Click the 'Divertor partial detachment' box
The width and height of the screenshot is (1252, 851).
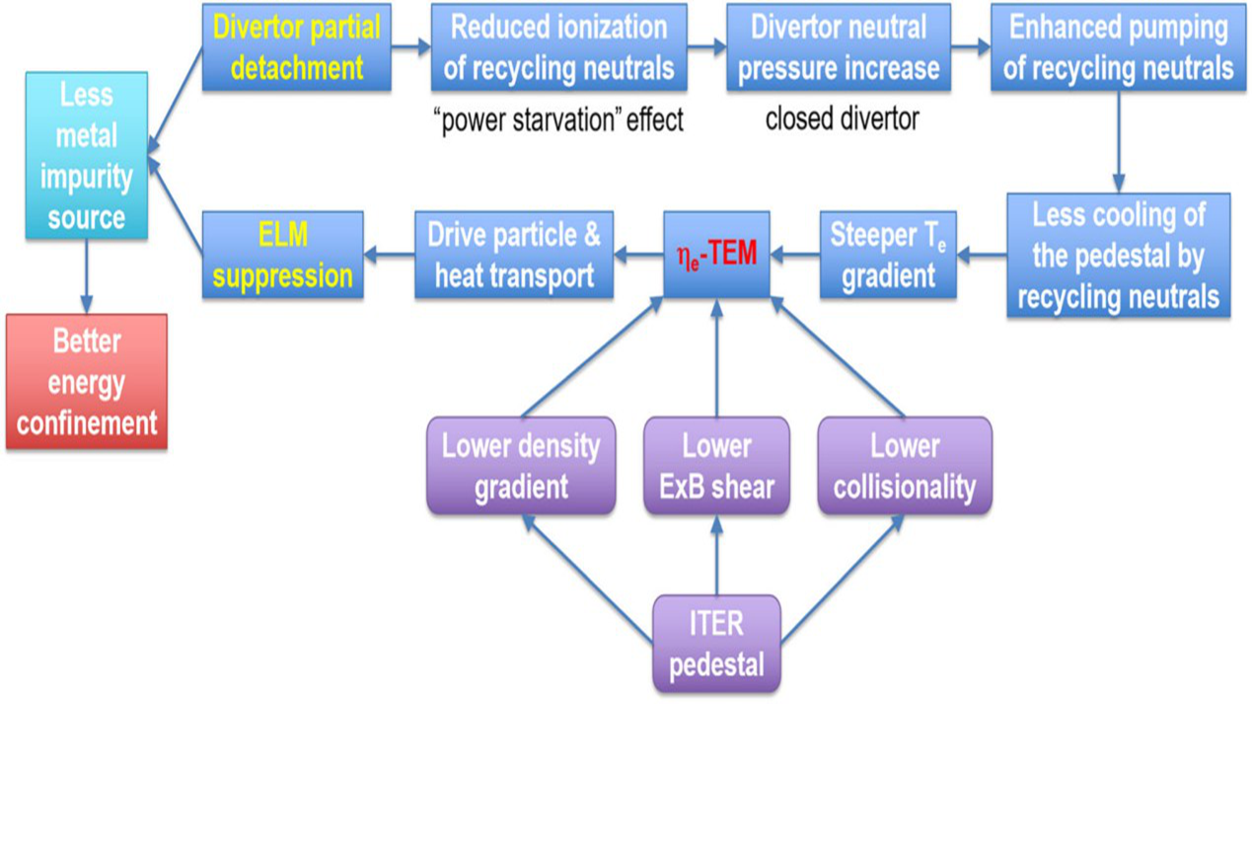pyautogui.click(x=297, y=48)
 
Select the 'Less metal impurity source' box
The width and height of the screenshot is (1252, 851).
pyautogui.click(x=87, y=156)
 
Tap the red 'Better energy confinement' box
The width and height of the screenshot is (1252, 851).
pyautogui.click(x=87, y=382)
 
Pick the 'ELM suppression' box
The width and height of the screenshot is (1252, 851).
pyautogui.click(x=282, y=256)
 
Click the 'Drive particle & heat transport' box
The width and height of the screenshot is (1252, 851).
pyautogui.click(x=513, y=255)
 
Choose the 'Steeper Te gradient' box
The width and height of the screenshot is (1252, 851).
pyautogui.click(x=888, y=255)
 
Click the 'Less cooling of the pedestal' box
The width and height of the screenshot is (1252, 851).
pyautogui.click(x=1118, y=255)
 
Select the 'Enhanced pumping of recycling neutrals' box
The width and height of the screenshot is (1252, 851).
pyautogui.click(x=1118, y=48)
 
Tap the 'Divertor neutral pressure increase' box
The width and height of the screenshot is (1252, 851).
pyautogui.click(x=839, y=48)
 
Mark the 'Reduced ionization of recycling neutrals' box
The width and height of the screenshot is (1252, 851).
pyautogui.click(x=558, y=48)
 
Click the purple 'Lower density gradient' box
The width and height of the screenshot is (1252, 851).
pyautogui.click(x=521, y=465)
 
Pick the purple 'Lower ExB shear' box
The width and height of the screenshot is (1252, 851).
pyautogui.click(x=716, y=465)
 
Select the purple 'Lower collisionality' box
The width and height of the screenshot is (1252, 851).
pyautogui.click(x=904, y=465)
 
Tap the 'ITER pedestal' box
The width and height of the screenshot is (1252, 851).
pyautogui.click(x=716, y=643)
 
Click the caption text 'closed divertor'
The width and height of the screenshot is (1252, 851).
pyautogui.click(x=842, y=119)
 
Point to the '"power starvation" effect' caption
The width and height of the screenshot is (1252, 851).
pyautogui.click(x=558, y=120)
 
